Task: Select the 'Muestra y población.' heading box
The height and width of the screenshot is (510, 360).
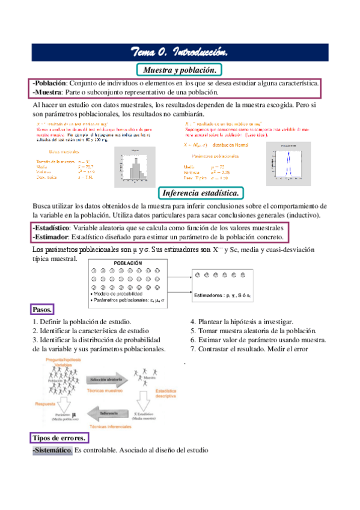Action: coord(180,69)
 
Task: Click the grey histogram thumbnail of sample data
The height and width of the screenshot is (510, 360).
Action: coord(135,164)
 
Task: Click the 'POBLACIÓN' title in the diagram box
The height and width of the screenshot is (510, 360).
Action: coord(127,263)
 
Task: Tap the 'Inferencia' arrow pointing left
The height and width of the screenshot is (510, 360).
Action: coord(109,414)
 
